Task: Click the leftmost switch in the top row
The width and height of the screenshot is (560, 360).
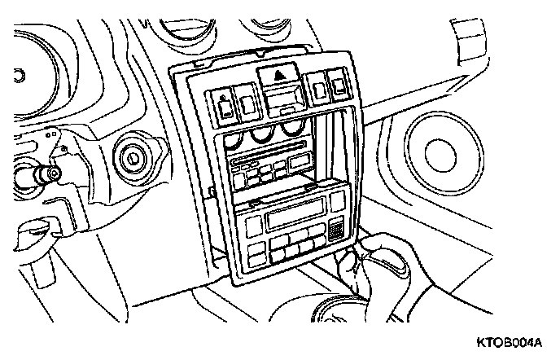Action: pyautogui.click(x=223, y=103)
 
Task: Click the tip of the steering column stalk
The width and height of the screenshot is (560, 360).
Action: pyautogui.click(x=50, y=173)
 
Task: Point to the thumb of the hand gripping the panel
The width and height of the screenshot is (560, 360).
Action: pyautogui.click(x=351, y=262)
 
